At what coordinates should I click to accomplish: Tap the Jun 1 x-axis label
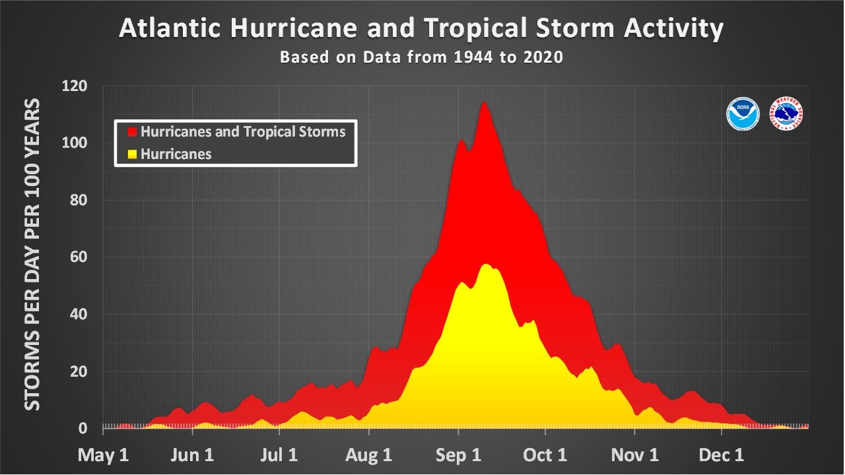tap(192, 455)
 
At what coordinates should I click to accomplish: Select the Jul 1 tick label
tap(280, 455)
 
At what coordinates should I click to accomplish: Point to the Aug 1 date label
tap(369, 455)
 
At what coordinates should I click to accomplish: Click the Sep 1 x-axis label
tap(458, 455)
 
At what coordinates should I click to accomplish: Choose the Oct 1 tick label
tap(545, 455)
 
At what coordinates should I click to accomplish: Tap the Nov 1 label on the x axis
tap(635, 455)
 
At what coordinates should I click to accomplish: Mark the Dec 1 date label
tap(722, 455)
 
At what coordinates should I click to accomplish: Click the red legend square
tap(132, 132)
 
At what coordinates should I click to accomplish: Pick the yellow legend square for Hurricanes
tap(132, 154)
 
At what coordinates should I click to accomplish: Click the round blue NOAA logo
tap(743, 114)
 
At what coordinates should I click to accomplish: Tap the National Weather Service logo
tap(787, 114)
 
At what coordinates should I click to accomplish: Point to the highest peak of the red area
tap(485, 102)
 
